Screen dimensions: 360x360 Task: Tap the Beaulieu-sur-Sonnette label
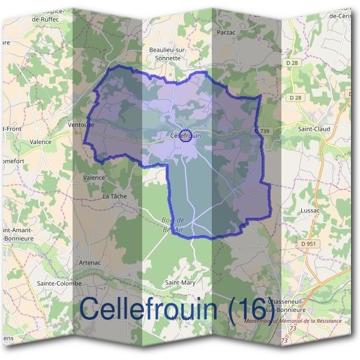pyautogui.click(x=168, y=55)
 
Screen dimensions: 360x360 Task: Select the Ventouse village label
pyautogui.click(x=82, y=125)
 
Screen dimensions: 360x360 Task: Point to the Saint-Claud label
pyautogui.click(x=314, y=128)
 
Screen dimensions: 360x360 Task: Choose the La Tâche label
pyautogui.click(x=115, y=196)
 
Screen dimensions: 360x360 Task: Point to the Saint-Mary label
pyautogui.click(x=180, y=282)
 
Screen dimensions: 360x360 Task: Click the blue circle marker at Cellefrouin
pyautogui.click(x=186, y=136)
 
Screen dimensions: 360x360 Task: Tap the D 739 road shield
pyautogui.click(x=262, y=131)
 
